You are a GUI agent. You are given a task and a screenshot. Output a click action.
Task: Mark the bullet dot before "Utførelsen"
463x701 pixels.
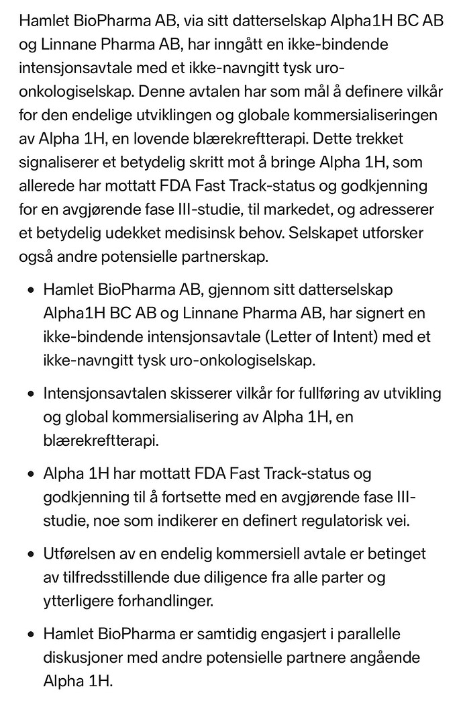31,555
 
